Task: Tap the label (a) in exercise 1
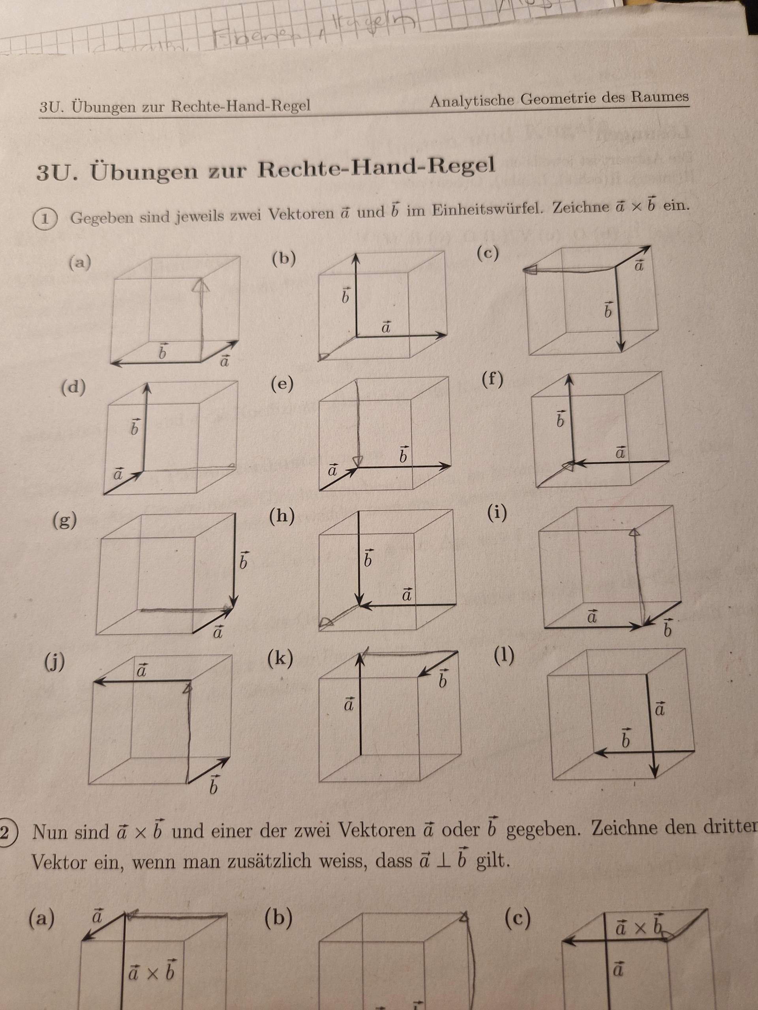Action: pyautogui.click(x=80, y=264)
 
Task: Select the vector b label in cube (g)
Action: pyautogui.click(x=244, y=560)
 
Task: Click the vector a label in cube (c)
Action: pyautogui.click(x=639, y=265)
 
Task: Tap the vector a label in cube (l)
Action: pyautogui.click(x=660, y=709)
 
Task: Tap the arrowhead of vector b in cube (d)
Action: pyautogui.click(x=147, y=388)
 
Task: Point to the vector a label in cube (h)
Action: pyautogui.click(x=407, y=595)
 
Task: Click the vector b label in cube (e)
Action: pyautogui.click(x=403, y=455)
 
